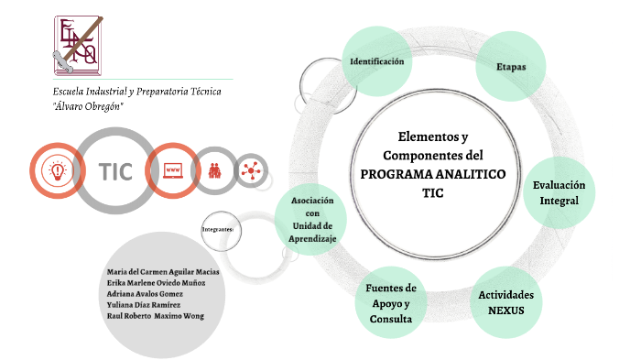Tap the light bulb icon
pos(58,171)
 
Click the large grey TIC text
pos(116,171)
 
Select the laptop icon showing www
pos(172,170)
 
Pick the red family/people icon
pos(215,170)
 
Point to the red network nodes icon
pos(250,169)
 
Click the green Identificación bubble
pos(376,61)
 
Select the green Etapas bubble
pos(510,67)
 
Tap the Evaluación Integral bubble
pos(559,192)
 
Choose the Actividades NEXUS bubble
pos(505,301)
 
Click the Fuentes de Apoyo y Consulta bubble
pos(391,303)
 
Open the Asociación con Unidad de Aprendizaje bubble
pos(312,219)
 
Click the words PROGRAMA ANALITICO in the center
pos(432,174)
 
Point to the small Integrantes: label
pos(217,228)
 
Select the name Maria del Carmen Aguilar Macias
pos(164,272)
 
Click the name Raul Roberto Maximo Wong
pos(155,315)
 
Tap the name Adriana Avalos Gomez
pos(145,293)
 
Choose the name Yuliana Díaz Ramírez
pos(144,304)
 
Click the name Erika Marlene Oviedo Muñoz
pos(156,283)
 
